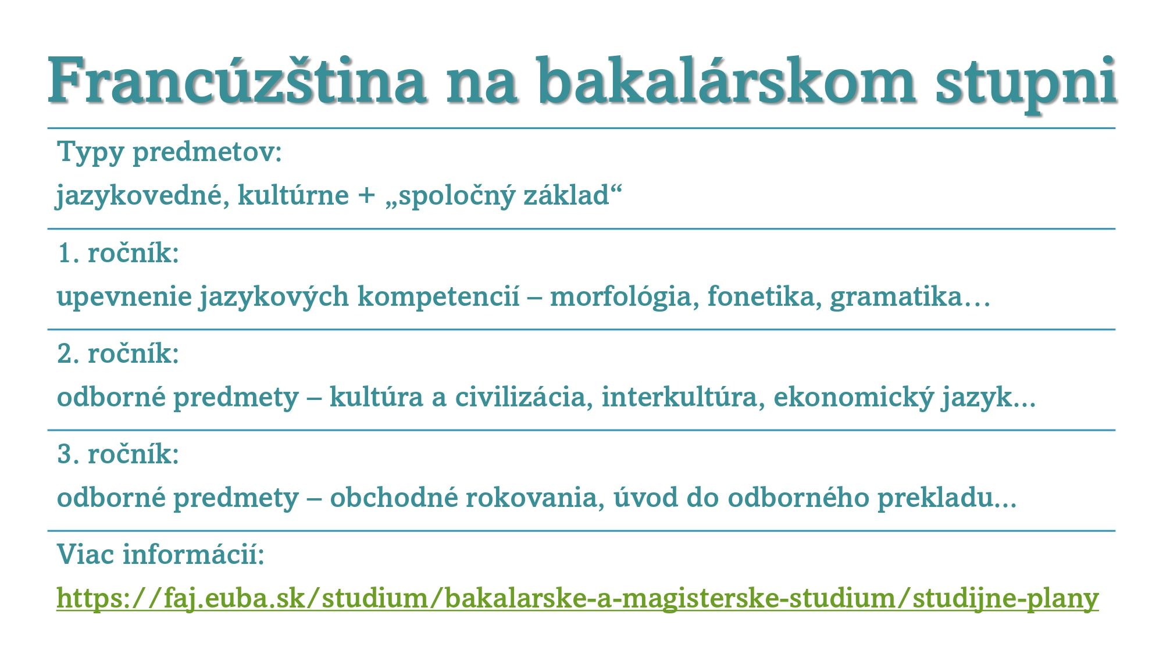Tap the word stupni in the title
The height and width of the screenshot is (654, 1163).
coord(1026,81)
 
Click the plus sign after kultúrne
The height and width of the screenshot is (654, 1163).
coord(366,195)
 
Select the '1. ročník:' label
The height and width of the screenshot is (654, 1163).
coord(119,253)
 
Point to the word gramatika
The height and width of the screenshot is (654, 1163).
coord(896,296)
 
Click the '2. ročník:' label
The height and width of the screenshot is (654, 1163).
coord(119,354)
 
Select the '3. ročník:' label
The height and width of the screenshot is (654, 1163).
coord(119,455)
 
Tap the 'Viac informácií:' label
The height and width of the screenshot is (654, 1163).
coord(161,555)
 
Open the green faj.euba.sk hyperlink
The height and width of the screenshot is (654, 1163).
coord(577,598)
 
